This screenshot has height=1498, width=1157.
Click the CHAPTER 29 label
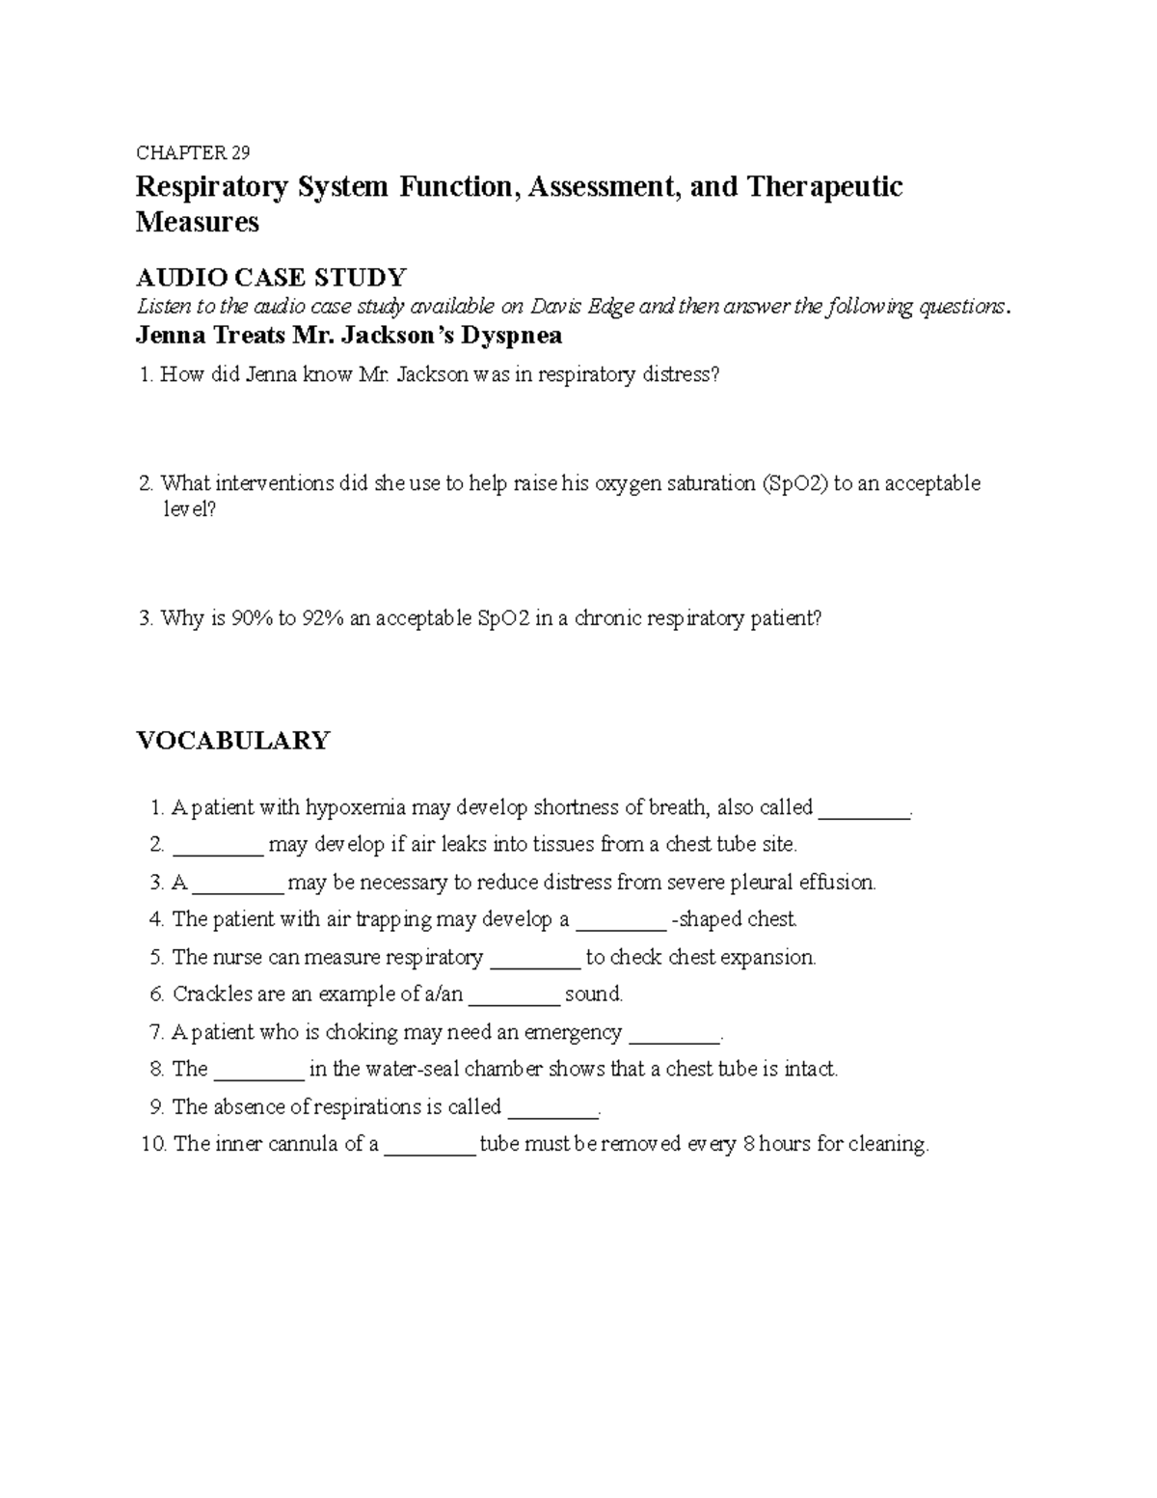pos(193,152)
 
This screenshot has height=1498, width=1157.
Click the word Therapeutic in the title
pos(825,186)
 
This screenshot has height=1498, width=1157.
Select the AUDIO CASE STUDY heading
pos(271,278)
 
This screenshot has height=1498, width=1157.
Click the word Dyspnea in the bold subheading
pos(516,336)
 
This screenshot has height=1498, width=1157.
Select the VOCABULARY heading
pos(232,740)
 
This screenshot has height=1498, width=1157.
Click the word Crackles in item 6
pos(211,994)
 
